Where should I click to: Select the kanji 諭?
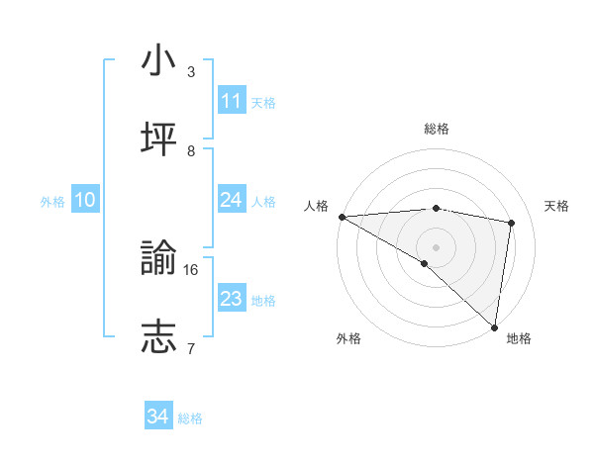(x=158, y=258)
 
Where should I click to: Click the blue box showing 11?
(x=232, y=101)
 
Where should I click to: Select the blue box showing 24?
(x=232, y=200)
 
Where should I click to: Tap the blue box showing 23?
(x=232, y=299)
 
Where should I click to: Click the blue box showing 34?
(x=158, y=417)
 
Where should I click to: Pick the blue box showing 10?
(x=85, y=200)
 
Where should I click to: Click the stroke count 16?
(x=192, y=269)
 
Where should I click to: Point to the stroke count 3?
(x=191, y=71)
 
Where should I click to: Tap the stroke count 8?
(x=191, y=150)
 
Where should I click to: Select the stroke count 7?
(x=191, y=348)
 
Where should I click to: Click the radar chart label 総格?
(x=436, y=129)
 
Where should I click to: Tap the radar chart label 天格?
(x=557, y=206)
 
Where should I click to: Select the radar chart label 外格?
(x=348, y=338)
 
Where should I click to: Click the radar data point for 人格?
(x=342, y=217)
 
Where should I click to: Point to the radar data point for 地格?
(x=494, y=326)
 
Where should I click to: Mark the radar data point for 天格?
(x=512, y=223)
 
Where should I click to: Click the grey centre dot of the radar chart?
(x=436, y=246)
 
